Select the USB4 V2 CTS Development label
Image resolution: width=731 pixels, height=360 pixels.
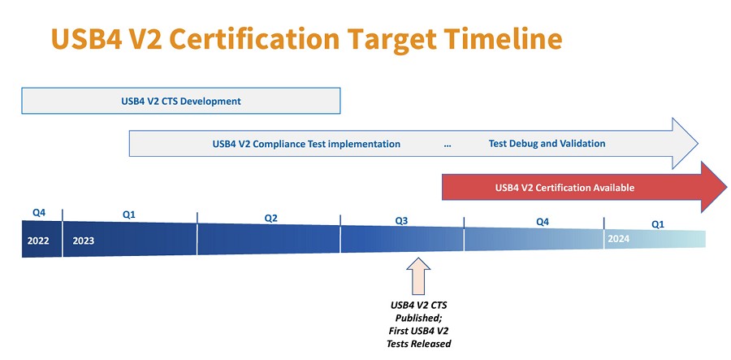click(x=175, y=102)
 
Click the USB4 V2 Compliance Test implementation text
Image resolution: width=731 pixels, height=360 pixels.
click(x=306, y=144)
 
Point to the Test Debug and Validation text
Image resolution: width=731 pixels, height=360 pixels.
click(x=547, y=144)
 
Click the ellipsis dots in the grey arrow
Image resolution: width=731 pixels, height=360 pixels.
click(x=448, y=145)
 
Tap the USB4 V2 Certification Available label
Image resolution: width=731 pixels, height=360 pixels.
click(x=564, y=188)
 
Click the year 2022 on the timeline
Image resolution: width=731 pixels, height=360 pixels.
click(x=38, y=241)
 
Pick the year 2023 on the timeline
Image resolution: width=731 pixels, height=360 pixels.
click(x=84, y=241)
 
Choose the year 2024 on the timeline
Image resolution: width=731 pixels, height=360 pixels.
click(x=618, y=239)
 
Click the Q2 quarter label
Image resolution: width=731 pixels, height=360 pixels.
click(x=271, y=218)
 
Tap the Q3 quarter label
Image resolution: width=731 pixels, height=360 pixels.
click(x=401, y=220)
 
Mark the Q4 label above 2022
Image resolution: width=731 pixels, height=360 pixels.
click(x=39, y=212)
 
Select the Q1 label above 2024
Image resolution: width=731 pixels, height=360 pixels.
click(x=658, y=223)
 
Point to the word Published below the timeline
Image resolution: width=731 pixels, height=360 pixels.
click(x=418, y=318)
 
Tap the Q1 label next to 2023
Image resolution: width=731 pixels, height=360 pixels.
click(x=128, y=215)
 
